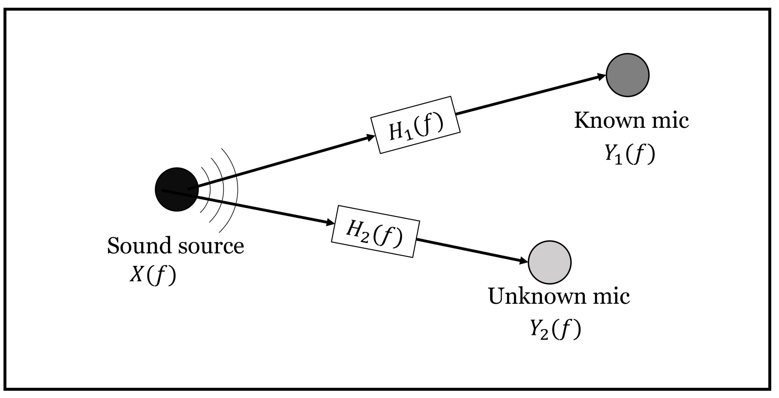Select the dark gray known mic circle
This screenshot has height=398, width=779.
(628, 75)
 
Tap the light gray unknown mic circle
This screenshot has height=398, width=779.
(550, 262)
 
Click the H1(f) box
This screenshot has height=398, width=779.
(416, 125)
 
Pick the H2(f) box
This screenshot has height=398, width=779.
(375, 231)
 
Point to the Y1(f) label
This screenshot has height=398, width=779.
(630, 154)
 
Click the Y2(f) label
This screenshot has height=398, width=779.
(556, 330)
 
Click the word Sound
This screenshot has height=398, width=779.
(140, 246)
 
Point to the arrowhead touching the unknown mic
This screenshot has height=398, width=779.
(524, 260)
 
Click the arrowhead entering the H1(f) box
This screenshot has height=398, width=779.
(371, 137)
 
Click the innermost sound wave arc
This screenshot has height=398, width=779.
(209, 190)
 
